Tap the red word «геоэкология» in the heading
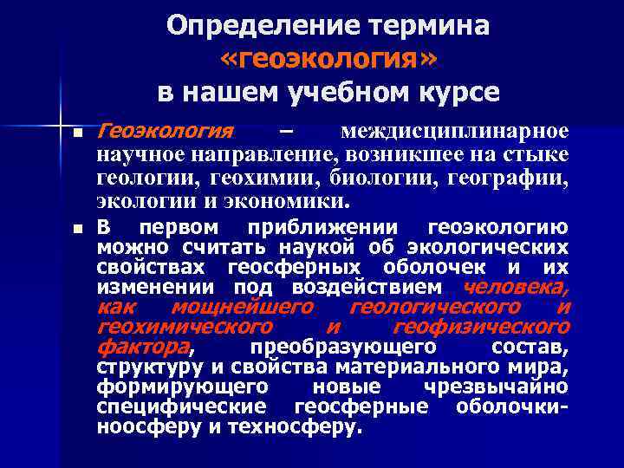coord(329,58)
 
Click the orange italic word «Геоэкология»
coord(166,132)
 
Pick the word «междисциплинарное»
coord(454,132)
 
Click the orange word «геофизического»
coord(481,328)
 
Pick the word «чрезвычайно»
coord(496,387)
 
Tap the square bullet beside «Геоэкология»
coord(77,134)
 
